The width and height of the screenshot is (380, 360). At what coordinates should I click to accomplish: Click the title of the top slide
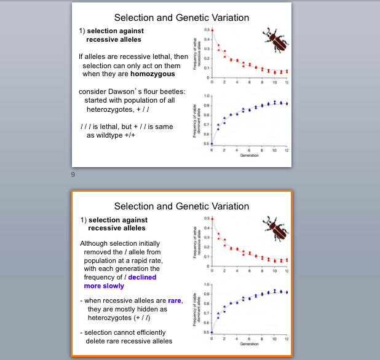(181, 17)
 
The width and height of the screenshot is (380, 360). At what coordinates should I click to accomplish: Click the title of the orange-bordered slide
(181, 206)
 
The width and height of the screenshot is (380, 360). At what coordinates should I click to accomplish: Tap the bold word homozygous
(152, 74)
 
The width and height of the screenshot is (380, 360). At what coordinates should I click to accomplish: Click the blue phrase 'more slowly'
(105, 286)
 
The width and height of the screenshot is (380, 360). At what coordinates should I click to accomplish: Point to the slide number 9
(73, 175)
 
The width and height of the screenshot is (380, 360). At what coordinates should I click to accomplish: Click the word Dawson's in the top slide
(126, 92)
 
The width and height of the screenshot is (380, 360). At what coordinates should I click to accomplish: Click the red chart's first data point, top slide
(212, 30)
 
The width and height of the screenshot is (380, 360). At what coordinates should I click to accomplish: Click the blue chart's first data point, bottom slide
(212, 332)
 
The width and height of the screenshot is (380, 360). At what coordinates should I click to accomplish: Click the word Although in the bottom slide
(97, 243)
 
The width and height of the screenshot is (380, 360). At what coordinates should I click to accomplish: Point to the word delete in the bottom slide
(98, 341)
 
